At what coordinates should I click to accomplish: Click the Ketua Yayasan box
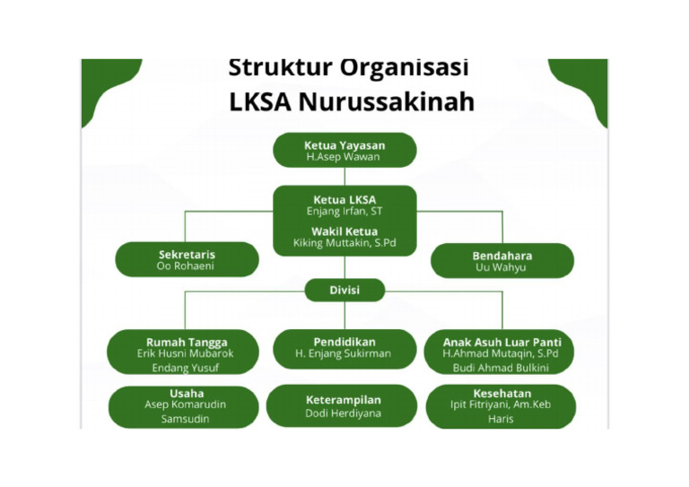coord(344,150)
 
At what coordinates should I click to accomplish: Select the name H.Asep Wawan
coord(344,157)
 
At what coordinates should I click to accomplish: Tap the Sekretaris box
coord(187,260)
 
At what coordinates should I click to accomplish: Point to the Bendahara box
coord(501,261)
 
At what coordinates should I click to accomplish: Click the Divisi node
coord(344,291)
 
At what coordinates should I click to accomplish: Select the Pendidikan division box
coord(344,348)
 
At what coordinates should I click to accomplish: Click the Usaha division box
coord(186,405)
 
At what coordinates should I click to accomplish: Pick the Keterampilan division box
coord(344,405)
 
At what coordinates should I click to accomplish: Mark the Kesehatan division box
coord(501,405)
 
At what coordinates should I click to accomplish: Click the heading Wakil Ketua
coord(344,230)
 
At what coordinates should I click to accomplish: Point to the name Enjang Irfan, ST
coord(344,212)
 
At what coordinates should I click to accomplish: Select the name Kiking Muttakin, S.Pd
coord(344,243)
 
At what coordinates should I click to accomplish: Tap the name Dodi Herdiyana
coord(344,413)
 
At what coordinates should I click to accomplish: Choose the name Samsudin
coord(186,419)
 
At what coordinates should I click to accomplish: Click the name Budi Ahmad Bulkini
coord(501,368)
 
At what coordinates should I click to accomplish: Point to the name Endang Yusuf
coord(187,368)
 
